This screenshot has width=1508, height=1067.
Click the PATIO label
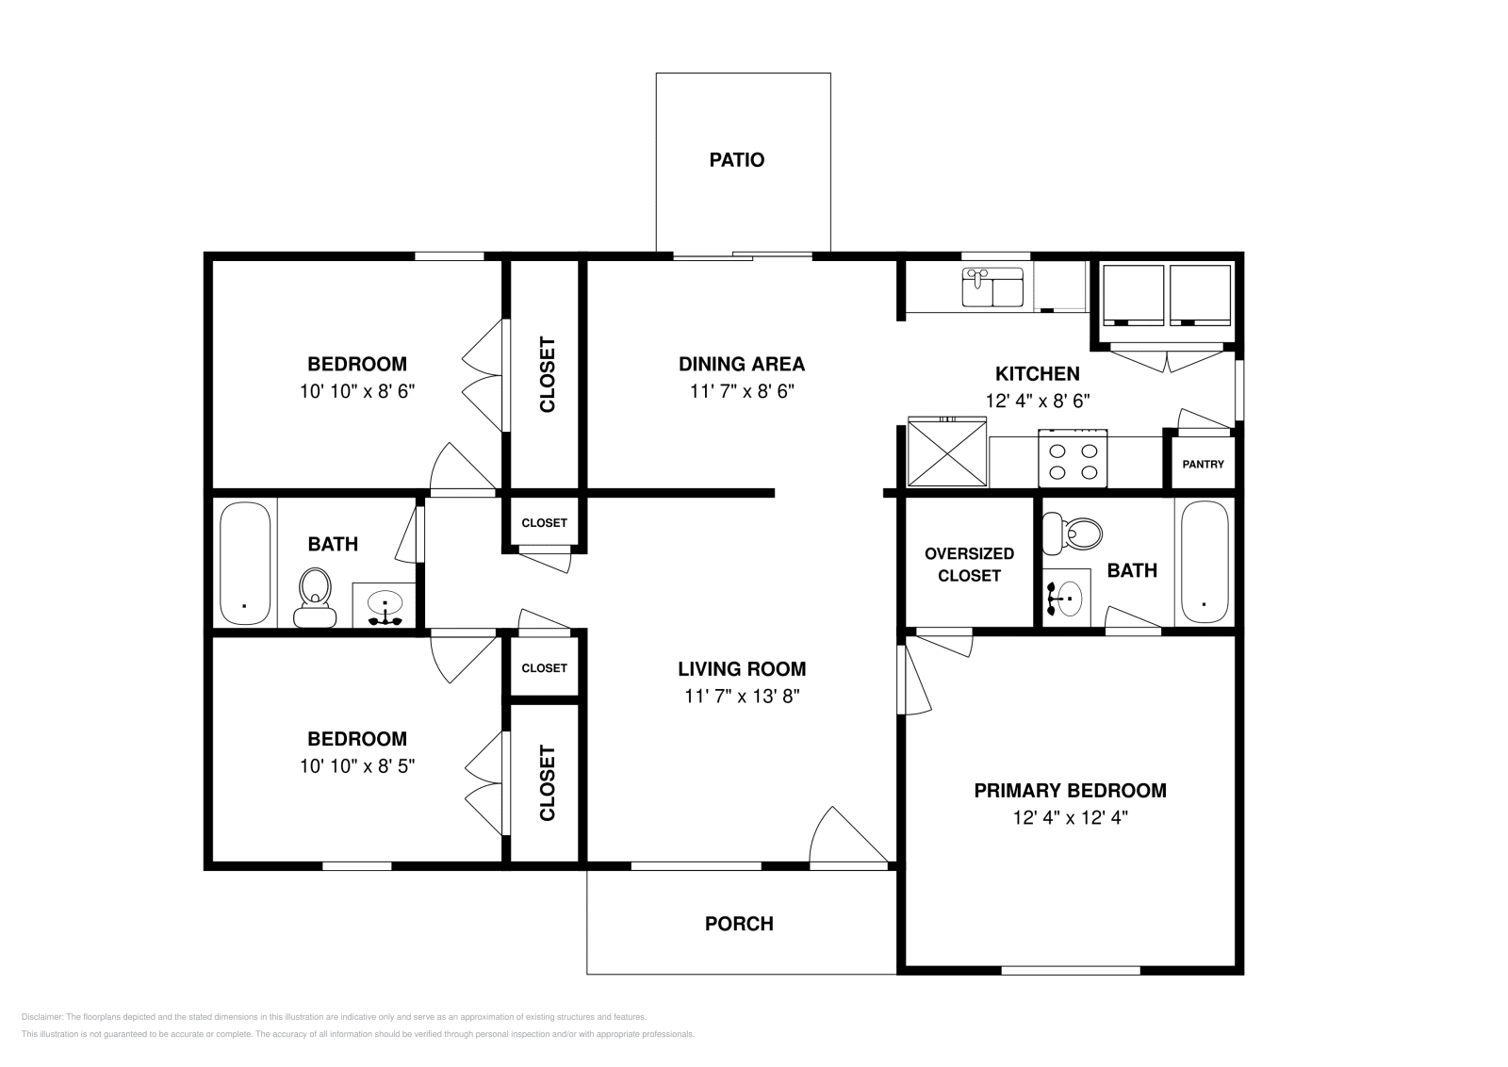coord(736,160)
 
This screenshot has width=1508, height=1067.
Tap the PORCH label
coord(739,924)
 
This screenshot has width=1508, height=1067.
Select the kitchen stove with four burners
coord(1073,459)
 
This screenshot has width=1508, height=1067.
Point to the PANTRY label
coord(1203,465)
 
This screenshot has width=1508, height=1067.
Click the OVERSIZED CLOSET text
coord(969,565)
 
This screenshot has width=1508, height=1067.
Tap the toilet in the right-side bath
coord(1075,533)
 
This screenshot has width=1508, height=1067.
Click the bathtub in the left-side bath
coord(245,563)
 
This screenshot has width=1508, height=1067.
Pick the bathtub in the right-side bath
coord(1204,563)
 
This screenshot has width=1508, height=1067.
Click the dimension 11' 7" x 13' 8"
coord(742,697)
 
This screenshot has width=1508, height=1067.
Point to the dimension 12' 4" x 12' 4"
coord(1070,818)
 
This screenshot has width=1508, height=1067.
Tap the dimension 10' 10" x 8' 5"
coord(357,766)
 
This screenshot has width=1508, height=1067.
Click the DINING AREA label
coord(742,364)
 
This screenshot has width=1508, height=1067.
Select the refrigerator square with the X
coord(946,454)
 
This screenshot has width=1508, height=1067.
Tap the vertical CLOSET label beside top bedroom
coord(547,375)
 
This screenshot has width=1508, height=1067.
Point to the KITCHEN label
coord(1037,373)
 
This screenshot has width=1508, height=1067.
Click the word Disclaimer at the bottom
coord(41,1017)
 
